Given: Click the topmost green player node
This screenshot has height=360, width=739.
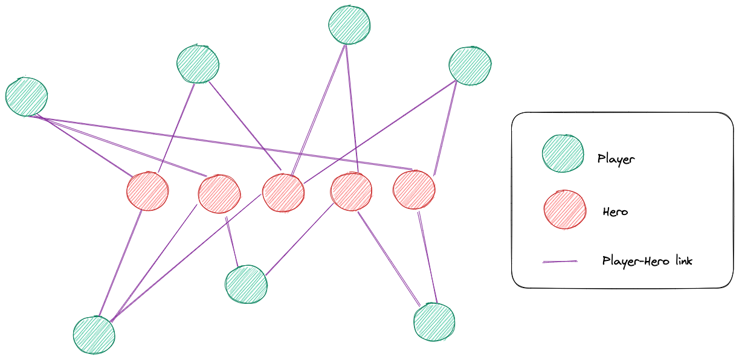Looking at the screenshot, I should click(x=349, y=25).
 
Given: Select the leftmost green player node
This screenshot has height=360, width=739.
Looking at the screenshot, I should click(x=27, y=97).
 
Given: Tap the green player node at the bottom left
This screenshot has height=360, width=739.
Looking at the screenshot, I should click(x=94, y=335).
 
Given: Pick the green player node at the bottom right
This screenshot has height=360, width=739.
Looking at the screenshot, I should click(x=434, y=322).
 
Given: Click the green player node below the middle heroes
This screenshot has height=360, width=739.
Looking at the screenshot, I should click(x=246, y=284).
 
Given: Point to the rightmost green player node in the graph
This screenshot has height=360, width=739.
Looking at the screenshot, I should click(x=471, y=65).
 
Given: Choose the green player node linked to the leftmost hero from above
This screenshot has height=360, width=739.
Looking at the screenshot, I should click(x=198, y=63).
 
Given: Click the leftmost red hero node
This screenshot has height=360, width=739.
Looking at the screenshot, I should click(x=147, y=191).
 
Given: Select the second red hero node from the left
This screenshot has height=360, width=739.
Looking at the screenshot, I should click(x=219, y=194).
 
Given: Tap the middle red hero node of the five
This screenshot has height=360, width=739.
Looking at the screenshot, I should click(x=283, y=193).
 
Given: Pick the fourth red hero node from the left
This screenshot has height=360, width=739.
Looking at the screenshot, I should click(x=351, y=191).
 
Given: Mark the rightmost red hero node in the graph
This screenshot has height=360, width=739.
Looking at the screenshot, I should click(x=414, y=190).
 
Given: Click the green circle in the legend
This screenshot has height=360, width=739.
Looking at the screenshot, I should click(x=563, y=153).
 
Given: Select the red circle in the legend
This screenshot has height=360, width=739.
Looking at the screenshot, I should click(x=565, y=210).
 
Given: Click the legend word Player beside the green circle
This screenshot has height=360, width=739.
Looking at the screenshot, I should click(x=616, y=159).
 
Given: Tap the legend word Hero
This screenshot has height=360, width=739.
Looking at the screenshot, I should click(x=615, y=212).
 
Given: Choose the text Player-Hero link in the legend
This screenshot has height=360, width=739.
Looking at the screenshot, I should click(x=647, y=261).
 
